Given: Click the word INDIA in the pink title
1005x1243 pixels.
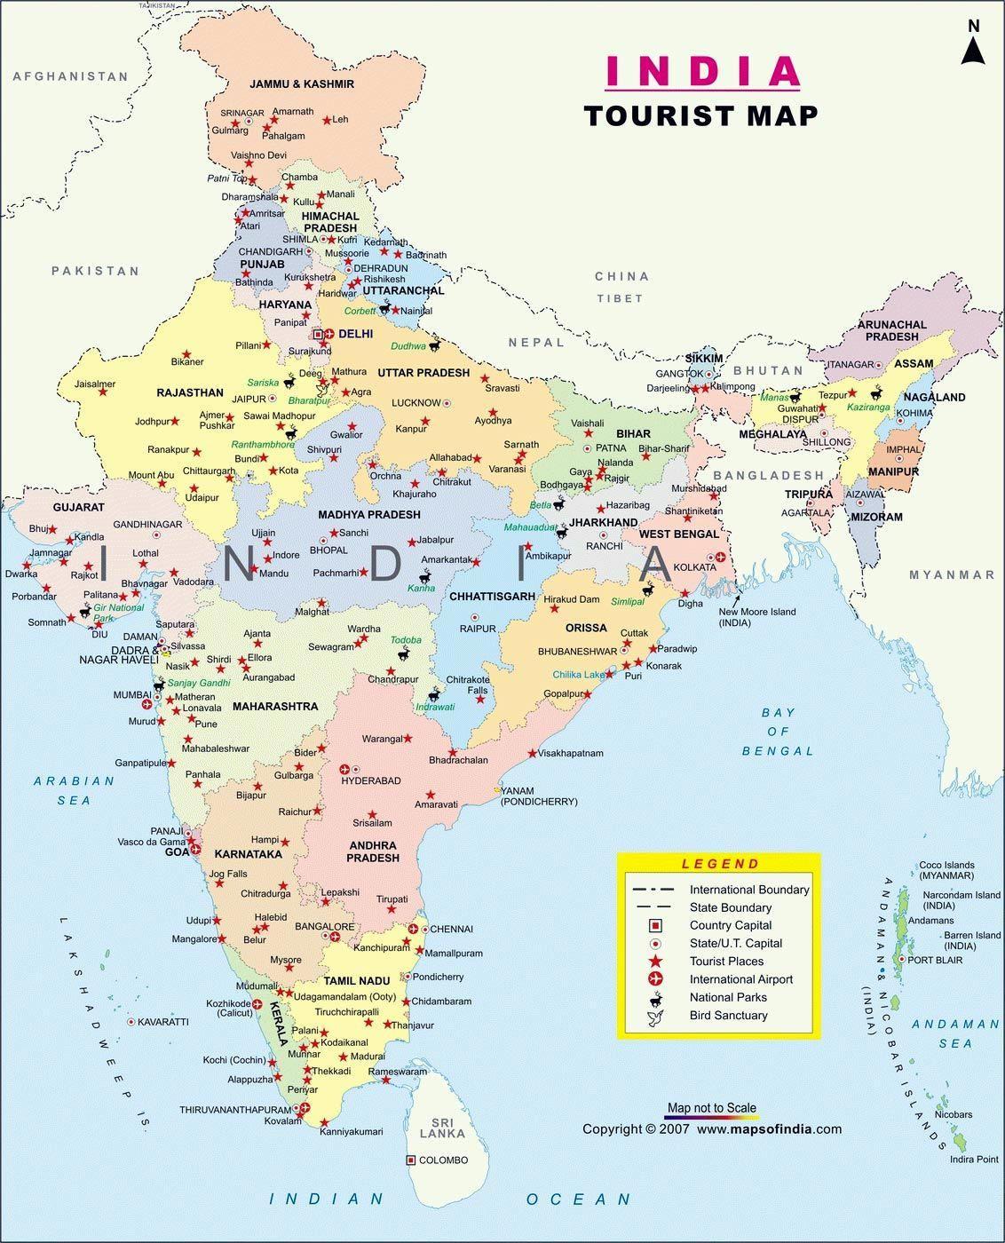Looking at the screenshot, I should coord(702,72).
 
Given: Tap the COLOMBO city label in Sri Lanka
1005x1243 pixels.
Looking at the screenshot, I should coord(443,1160).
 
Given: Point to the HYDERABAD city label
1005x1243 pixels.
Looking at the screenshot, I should coord(371,780).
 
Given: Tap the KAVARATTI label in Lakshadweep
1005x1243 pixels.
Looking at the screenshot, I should coord(163,1022).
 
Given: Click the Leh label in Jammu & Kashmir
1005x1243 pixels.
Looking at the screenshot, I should coord(341,119).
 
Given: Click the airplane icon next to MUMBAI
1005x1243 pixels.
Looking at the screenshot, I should coord(147,704).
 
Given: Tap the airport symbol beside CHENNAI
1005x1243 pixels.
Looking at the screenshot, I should coord(414,929).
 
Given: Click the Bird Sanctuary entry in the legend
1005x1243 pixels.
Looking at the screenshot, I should coord(728,1015).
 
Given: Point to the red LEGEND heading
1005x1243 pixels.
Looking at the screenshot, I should coord(720,863).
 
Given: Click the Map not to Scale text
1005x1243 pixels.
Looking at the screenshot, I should coord(712,1107).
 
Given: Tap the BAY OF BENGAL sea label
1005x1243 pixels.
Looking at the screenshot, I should coord(778,732).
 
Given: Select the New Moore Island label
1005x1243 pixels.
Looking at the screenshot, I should coord(756,612).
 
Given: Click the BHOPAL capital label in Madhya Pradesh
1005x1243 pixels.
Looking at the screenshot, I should coord(328,550).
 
